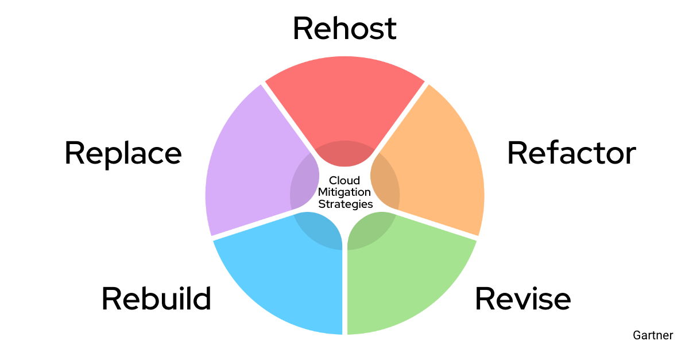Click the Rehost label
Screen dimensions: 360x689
(x=344, y=29)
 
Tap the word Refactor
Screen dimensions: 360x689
(x=571, y=153)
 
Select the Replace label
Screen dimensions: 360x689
(x=123, y=153)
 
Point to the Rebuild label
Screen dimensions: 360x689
(x=156, y=299)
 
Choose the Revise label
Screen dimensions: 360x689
(x=522, y=299)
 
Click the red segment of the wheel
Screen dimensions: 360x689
(x=344, y=98)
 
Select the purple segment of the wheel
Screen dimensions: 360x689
(x=247, y=167)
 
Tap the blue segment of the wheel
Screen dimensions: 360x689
(x=281, y=276)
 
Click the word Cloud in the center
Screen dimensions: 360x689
(x=344, y=181)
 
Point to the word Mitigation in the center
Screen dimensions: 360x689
(x=344, y=192)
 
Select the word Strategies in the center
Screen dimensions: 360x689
(x=346, y=204)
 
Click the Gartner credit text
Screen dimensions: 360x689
(x=653, y=335)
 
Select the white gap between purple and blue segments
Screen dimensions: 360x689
(x=253, y=223)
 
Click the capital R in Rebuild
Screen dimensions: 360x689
(x=110, y=299)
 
